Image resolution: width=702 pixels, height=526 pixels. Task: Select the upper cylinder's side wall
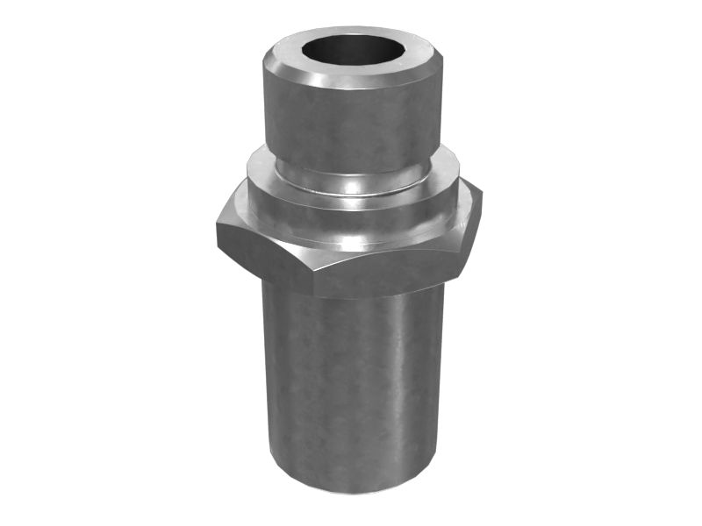pos(351,123)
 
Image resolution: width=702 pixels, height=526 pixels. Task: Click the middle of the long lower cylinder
pos(351,386)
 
